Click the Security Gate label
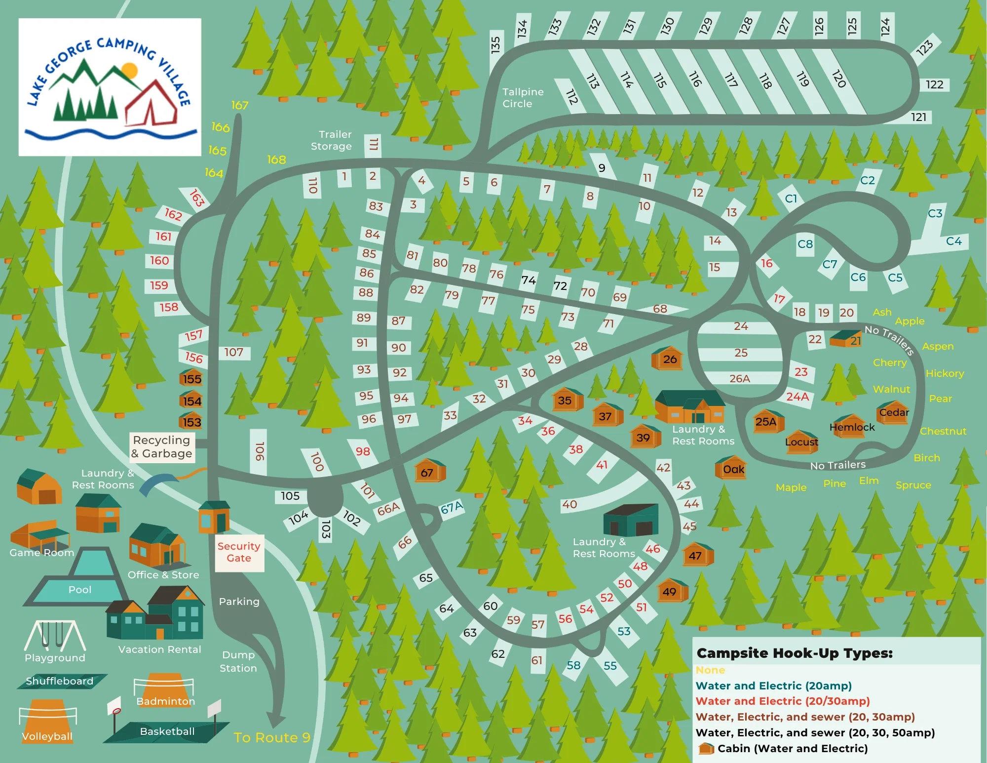(x=239, y=552)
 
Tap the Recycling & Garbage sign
(x=162, y=447)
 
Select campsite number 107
(x=234, y=352)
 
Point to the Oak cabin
(x=733, y=469)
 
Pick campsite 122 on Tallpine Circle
(x=934, y=84)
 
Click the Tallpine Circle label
(x=523, y=98)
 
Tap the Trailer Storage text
(x=332, y=140)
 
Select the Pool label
(x=80, y=590)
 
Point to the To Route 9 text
(x=272, y=737)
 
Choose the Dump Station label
(x=238, y=661)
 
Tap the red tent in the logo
(x=151, y=104)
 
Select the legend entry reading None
(x=710, y=670)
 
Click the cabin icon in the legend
(x=706, y=749)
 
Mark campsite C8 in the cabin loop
(x=805, y=244)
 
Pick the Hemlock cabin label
(x=852, y=427)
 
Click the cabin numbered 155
(x=191, y=378)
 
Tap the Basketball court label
(x=167, y=731)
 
